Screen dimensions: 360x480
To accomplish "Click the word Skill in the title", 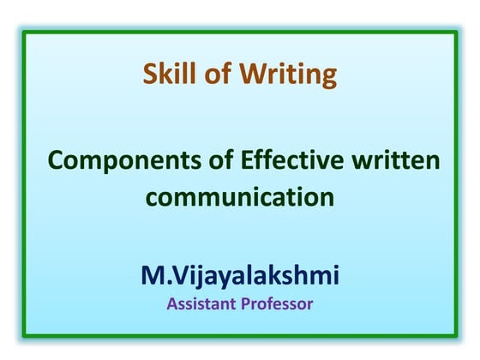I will pos(168,75).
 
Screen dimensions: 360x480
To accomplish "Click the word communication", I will pos(239,198).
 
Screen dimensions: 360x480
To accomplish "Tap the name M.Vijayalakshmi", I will pos(240,277).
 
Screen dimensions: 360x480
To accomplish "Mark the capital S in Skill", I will pos(150,75).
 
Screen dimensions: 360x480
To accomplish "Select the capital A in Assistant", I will pos(171,303).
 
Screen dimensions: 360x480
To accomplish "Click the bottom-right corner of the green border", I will pos(455,337).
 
